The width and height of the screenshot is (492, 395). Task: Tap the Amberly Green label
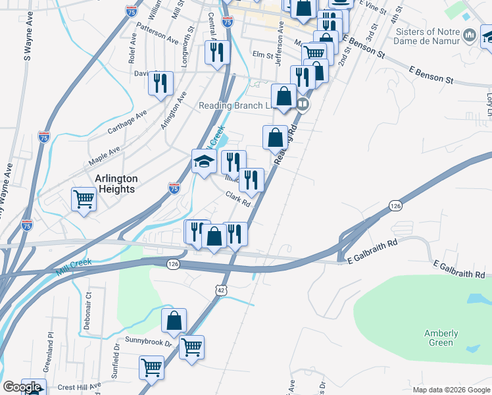point(441,338)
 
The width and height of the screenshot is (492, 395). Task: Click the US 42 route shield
point(222,289)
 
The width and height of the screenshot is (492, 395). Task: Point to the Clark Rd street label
point(238,198)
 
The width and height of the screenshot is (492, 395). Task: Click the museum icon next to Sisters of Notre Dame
point(469,35)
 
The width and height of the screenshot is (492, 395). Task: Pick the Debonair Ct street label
point(88,313)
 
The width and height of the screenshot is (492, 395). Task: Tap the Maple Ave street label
point(105,156)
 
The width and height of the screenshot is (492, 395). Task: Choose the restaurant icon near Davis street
point(160,83)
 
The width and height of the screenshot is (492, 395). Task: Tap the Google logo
point(22,387)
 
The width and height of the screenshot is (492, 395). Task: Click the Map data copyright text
point(451,390)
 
